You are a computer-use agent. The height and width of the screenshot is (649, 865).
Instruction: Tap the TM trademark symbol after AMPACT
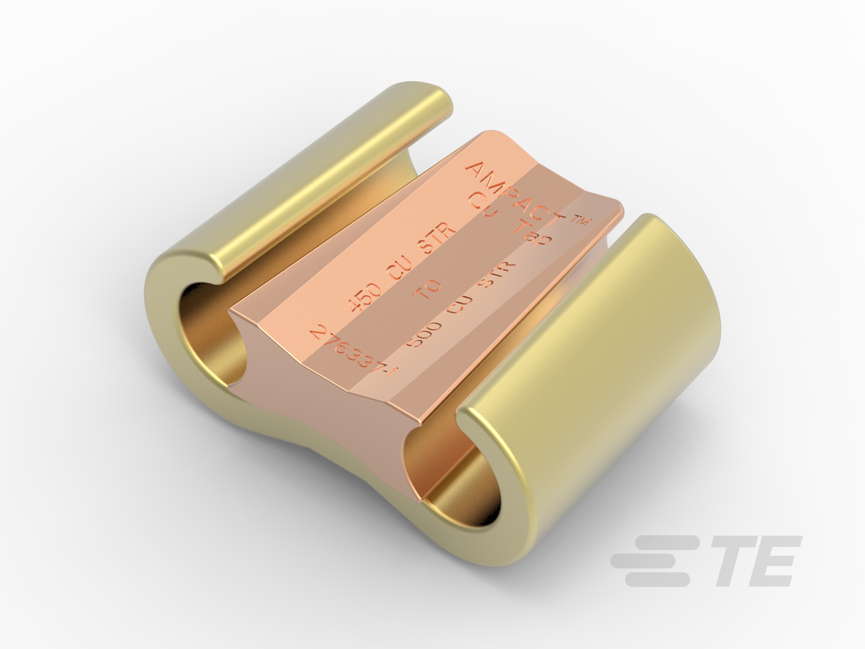(581, 222)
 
